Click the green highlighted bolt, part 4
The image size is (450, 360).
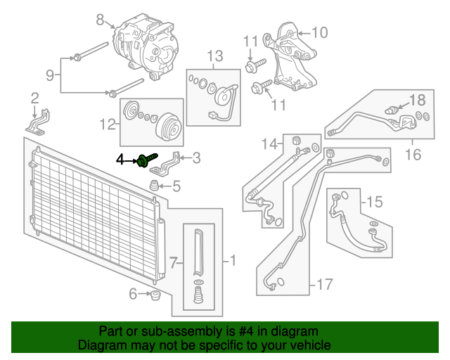[x=147, y=160]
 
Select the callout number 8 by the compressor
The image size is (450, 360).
[x=100, y=20]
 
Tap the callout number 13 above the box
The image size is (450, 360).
[x=215, y=56]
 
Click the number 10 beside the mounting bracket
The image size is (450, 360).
[x=320, y=33]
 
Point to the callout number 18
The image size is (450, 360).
[x=417, y=100]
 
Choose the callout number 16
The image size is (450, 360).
[x=413, y=155]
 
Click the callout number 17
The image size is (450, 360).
[x=325, y=285]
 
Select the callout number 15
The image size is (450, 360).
[x=375, y=202]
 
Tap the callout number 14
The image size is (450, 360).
[x=270, y=143]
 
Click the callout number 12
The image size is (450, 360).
[x=108, y=124]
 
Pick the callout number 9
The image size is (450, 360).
[x=50, y=75]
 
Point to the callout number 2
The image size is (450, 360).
[x=34, y=98]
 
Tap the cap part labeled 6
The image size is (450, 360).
[x=155, y=295]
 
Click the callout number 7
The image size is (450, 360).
[x=173, y=263]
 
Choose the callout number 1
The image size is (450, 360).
[x=233, y=261]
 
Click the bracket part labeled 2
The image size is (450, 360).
[x=38, y=124]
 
